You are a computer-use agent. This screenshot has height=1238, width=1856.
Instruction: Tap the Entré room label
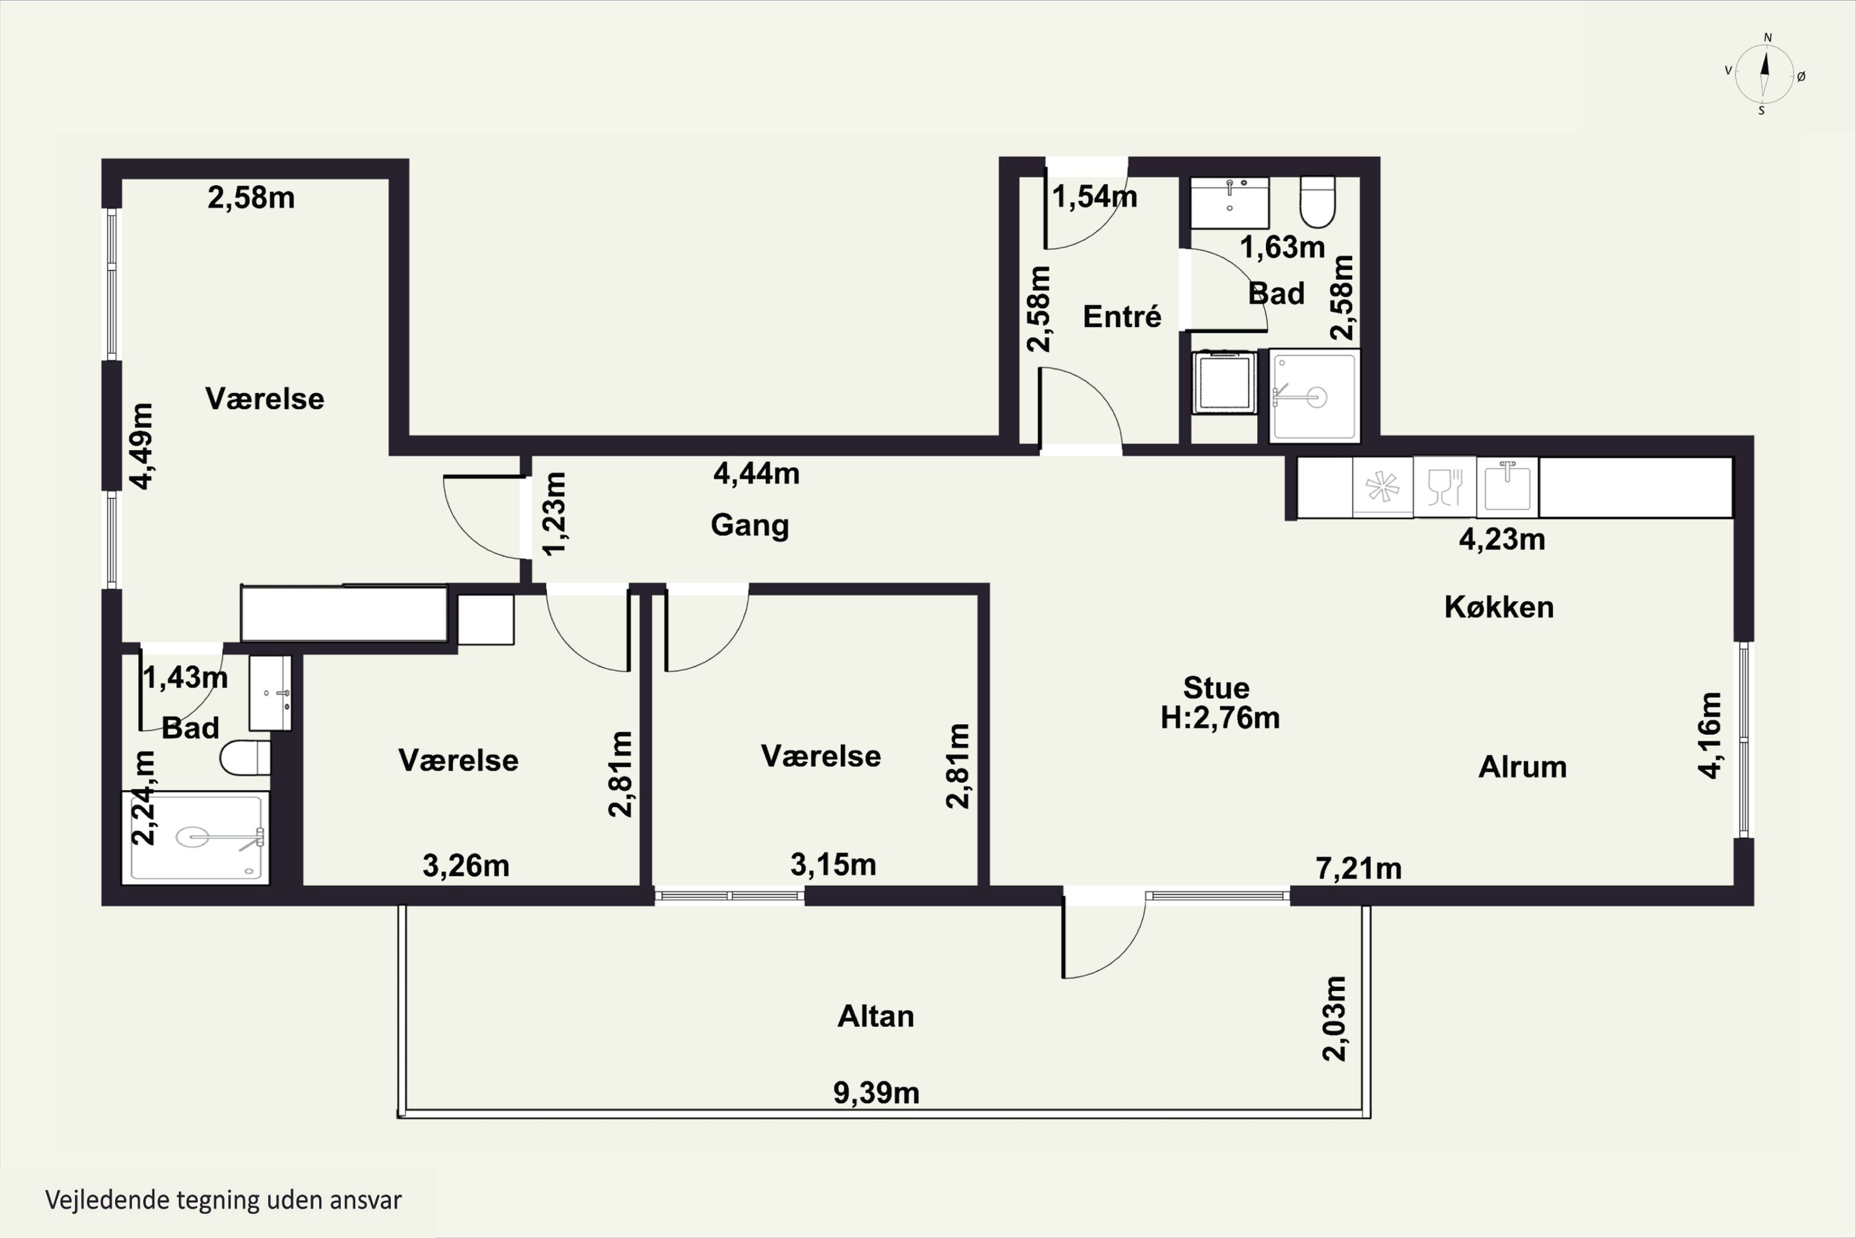pos(1121,316)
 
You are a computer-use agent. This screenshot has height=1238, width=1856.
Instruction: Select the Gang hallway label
pos(750,526)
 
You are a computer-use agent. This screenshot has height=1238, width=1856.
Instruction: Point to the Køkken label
pos(1498,607)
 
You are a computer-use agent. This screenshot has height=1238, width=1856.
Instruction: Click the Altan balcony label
pos(876,1016)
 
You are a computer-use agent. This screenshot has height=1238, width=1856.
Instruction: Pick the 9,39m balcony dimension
pos(877,1093)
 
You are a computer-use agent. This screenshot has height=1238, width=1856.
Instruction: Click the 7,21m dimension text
pos(1359,868)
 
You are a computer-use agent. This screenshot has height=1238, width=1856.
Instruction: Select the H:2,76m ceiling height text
pos(1220,717)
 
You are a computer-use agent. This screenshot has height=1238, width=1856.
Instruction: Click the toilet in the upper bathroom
pos(1317,201)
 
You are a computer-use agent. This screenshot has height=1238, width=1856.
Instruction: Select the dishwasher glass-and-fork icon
pos(1445,487)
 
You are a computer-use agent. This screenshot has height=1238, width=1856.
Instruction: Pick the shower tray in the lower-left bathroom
pos(195,837)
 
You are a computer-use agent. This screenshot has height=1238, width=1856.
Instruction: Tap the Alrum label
pos(1522,767)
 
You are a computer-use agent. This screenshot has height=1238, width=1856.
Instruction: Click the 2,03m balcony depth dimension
pos(1334,1018)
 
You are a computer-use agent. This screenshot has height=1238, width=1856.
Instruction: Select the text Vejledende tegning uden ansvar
pos(223,1200)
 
